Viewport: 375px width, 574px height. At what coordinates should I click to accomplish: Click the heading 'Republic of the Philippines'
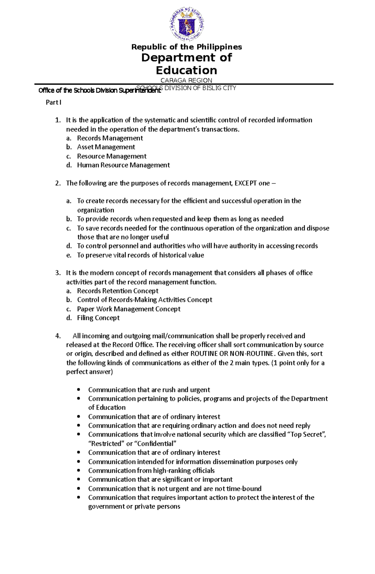(x=187, y=47)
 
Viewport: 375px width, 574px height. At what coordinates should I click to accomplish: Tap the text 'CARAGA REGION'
(x=186, y=80)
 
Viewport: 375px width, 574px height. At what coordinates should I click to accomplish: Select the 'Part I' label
(x=53, y=102)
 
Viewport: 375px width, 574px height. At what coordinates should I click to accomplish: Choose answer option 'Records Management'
(x=110, y=138)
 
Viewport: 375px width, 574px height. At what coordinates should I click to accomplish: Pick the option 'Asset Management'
(x=106, y=147)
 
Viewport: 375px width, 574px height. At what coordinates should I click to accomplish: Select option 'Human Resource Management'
(x=123, y=165)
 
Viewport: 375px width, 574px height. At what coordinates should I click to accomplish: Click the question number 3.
(x=58, y=273)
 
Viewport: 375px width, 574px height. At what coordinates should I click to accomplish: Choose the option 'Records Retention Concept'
(x=118, y=291)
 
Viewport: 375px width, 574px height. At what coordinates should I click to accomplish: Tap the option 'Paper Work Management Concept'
(x=129, y=309)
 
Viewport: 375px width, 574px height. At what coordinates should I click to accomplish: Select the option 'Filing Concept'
(x=98, y=318)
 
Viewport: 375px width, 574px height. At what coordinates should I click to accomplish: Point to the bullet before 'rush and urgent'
(x=79, y=390)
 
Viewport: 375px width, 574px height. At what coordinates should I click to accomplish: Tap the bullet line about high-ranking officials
(x=151, y=471)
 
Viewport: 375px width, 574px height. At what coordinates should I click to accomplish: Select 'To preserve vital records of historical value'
(x=140, y=255)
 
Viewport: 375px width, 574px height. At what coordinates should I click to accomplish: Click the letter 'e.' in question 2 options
(x=69, y=255)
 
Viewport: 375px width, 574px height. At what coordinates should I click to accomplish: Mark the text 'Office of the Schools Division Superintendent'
(x=99, y=91)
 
